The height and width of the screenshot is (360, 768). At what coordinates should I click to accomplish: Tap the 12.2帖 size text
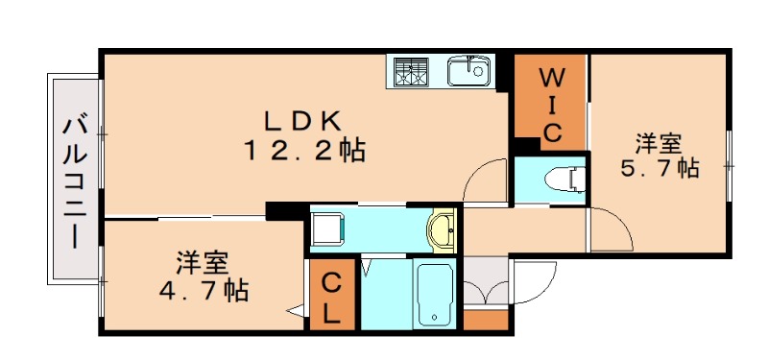(303, 151)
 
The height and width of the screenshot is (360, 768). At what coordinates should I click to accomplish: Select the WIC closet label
(551, 104)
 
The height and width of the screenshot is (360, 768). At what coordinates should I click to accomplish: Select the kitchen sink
(468, 70)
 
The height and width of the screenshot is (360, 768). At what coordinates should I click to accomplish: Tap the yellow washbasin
(443, 230)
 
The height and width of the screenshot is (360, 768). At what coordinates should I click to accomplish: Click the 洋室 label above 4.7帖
(202, 262)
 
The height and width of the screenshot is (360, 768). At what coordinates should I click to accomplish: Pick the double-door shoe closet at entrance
(486, 285)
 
